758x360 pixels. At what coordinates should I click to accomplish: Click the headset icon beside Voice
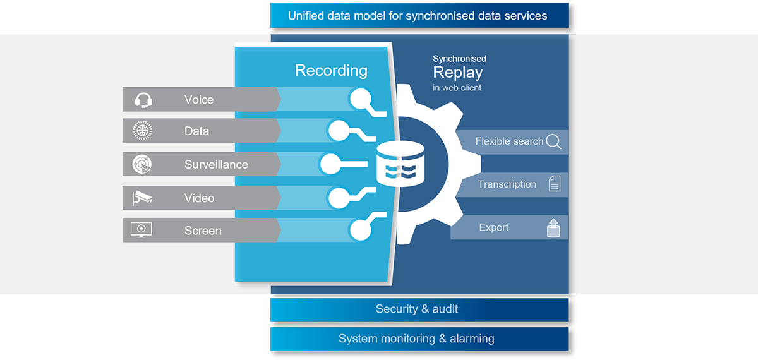point(143,100)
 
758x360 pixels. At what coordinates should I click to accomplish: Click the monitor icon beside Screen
point(141,230)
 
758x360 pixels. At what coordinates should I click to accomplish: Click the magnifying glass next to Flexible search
point(553,141)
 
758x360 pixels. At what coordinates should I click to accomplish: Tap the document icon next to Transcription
point(554,184)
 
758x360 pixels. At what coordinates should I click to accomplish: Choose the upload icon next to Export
point(553,228)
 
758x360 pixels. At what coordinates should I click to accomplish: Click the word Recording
point(331,70)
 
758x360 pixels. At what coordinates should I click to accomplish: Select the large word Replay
point(457,73)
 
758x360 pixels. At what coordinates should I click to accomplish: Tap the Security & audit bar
point(417,309)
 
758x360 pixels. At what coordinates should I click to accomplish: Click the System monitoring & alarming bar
point(417,339)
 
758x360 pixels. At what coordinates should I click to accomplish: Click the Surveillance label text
point(216,165)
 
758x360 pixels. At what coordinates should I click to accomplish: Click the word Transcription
point(507,184)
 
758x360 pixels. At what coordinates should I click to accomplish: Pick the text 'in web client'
point(457,88)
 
